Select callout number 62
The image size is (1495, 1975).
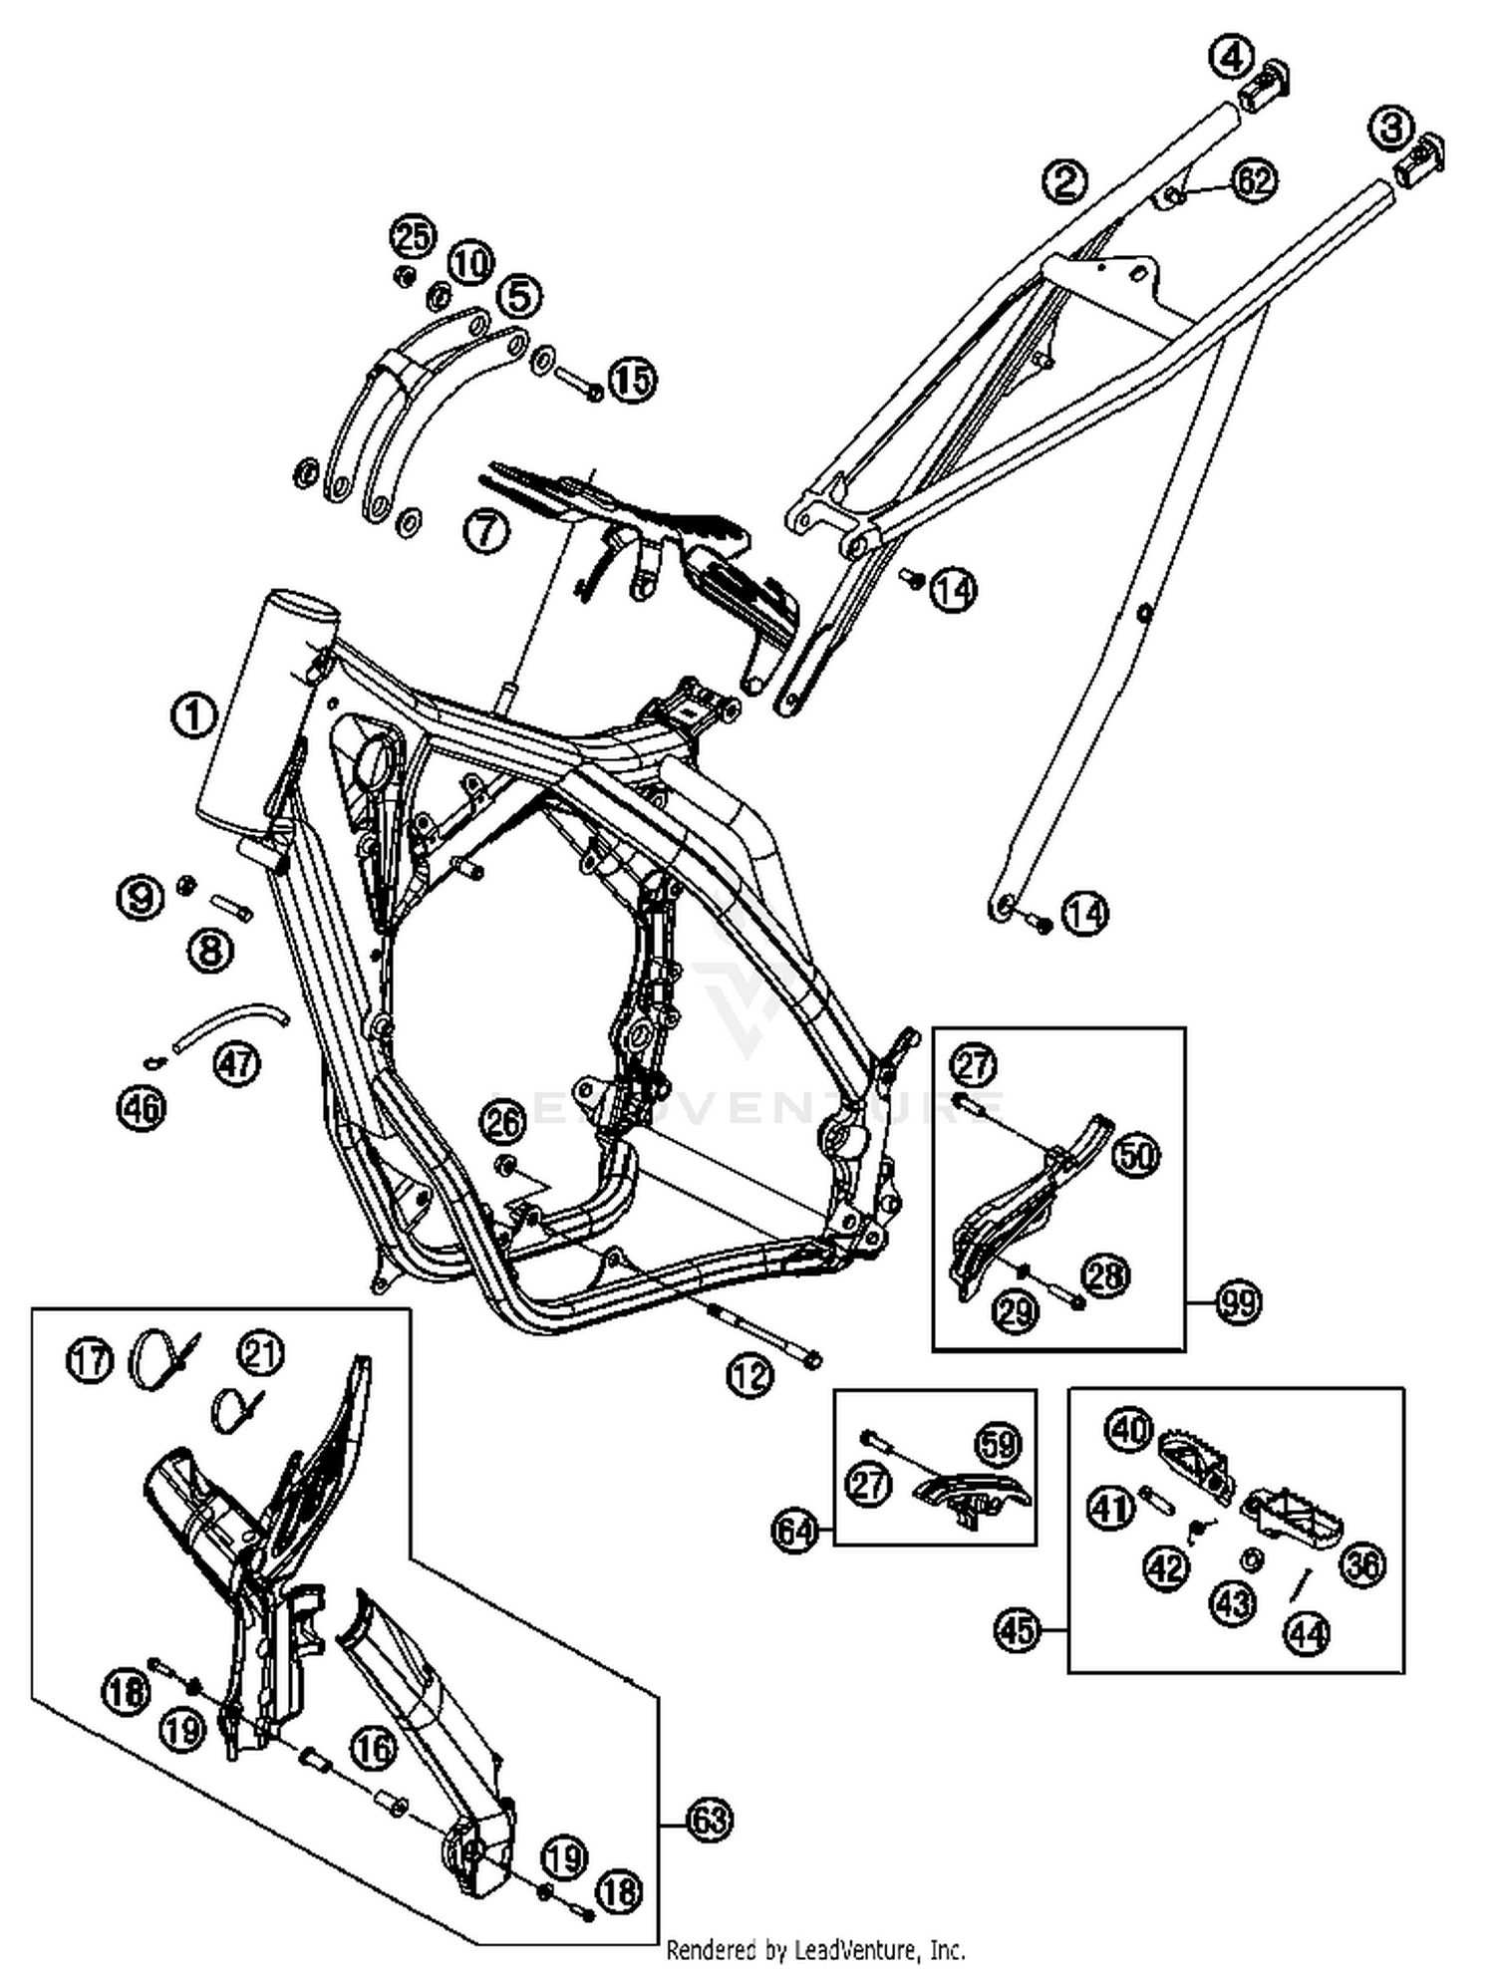point(1254,180)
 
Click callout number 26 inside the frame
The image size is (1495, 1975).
point(502,1123)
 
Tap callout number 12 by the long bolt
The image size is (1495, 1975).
point(749,1376)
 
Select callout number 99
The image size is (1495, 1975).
point(1240,1302)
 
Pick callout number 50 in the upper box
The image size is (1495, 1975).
point(1136,1156)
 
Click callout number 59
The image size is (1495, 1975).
point(999,1444)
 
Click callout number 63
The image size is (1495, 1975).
point(710,1821)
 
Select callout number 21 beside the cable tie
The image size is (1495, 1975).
point(261,1352)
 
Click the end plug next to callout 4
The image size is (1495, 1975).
point(1265,88)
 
